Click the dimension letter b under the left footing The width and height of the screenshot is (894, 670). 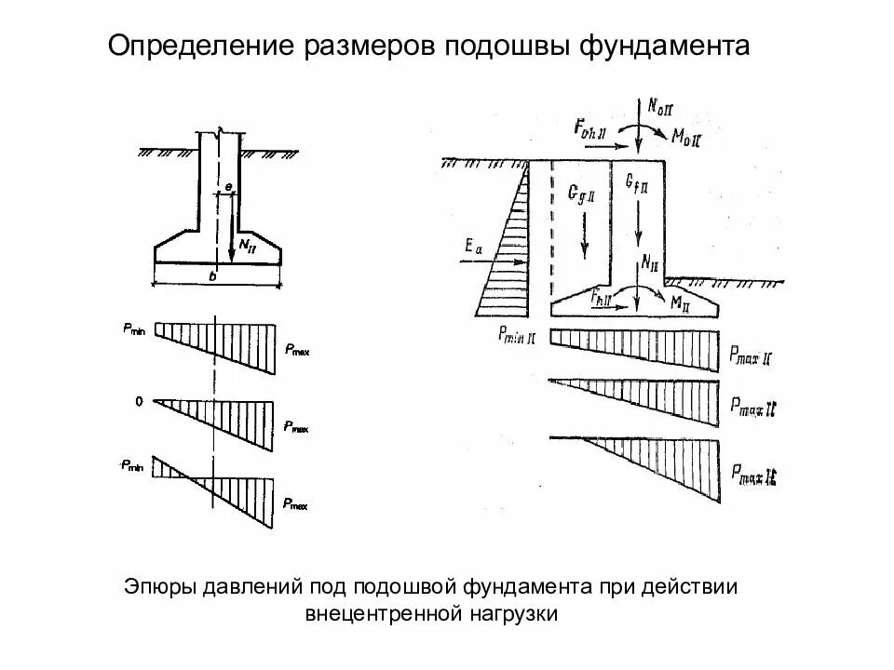[x=213, y=276]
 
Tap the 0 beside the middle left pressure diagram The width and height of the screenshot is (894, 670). [x=139, y=402]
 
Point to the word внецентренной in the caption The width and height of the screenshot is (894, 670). [x=384, y=614]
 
